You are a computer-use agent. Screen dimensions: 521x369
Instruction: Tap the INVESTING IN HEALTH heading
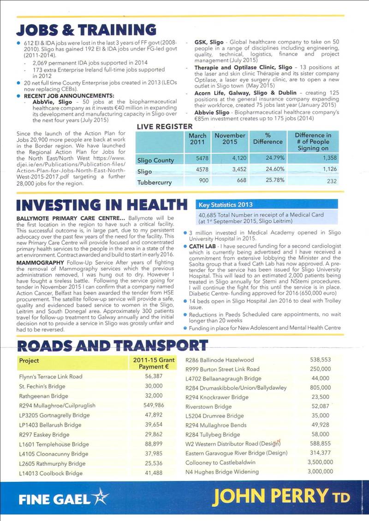click(x=101, y=204)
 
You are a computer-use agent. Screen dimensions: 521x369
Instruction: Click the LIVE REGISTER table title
click(x=165, y=126)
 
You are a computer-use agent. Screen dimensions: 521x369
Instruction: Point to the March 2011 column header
click(x=197, y=139)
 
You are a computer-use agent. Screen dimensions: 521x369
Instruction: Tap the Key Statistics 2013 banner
click(x=226, y=205)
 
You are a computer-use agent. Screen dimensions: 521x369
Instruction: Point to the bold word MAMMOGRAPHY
click(x=40, y=262)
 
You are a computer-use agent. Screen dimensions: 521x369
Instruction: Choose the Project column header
click(x=29, y=361)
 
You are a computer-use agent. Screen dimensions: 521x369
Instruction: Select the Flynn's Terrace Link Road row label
click(x=51, y=376)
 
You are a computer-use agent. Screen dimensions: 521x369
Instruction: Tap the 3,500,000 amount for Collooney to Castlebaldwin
click(x=318, y=462)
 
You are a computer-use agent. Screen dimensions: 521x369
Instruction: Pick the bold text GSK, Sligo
click(x=209, y=42)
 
